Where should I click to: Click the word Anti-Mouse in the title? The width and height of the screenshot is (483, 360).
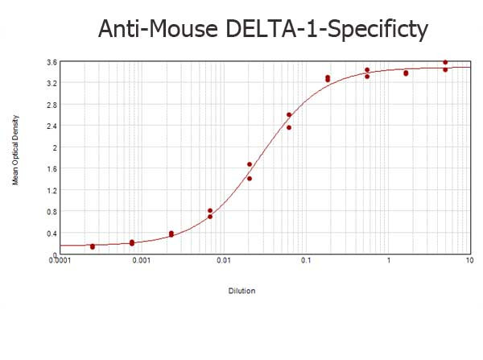[x=155, y=29]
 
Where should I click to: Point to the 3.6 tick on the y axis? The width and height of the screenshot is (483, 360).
[x=51, y=62]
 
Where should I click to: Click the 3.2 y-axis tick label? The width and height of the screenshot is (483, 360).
[x=51, y=84]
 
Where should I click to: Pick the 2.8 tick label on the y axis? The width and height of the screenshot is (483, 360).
[x=51, y=105]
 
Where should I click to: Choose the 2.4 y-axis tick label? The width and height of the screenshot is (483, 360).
[x=51, y=126]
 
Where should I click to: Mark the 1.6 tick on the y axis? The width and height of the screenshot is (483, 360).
[x=51, y=169]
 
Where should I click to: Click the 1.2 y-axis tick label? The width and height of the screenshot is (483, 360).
[x=51, y=191]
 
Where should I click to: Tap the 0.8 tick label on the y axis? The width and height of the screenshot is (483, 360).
[x=51, y=213]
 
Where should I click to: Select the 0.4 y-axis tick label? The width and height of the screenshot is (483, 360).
[x=51, y=234]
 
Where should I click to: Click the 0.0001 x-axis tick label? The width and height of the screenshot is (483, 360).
[x=61, y=260]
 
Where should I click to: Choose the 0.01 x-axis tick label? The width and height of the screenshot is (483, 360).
[x=224, y=260]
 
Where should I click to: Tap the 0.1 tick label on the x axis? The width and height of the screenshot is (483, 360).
[x=306, y=260]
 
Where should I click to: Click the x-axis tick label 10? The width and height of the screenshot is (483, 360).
[x=469, y=260]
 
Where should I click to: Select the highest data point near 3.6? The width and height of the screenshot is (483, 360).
[x=445, y=62]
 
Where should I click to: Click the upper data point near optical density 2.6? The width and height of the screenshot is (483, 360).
[x=289, y=114]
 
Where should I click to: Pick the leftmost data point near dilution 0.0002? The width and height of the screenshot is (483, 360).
[x=93, y=246]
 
